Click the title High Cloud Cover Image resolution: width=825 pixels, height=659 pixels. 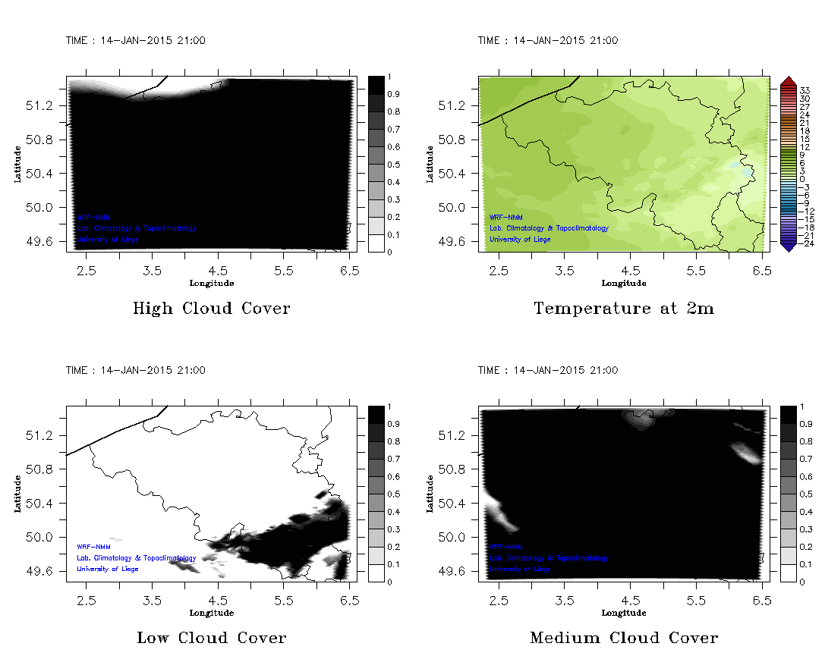(x=211, y=309)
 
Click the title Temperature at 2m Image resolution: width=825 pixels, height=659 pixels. (x=623, y=309)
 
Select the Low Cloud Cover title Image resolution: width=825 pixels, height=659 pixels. (x=211, y=638)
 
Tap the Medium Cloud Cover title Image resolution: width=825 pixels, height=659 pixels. (x=623, y=638)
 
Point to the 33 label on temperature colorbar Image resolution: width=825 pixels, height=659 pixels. (x=805, y=89)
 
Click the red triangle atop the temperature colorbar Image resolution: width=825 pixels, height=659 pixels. (x=787, y=80)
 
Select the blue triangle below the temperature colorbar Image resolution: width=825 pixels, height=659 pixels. (x=787, y=246)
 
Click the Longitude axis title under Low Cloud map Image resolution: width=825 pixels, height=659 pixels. (x=211, y=613)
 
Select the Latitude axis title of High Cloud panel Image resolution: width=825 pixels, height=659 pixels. (x=17, y=164)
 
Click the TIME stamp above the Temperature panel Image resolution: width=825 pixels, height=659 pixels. (x=547, y=41)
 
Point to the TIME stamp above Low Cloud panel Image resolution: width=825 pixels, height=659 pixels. (x=135, y=371)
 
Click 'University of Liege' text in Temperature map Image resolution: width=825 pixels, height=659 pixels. (x=520, y=240)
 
